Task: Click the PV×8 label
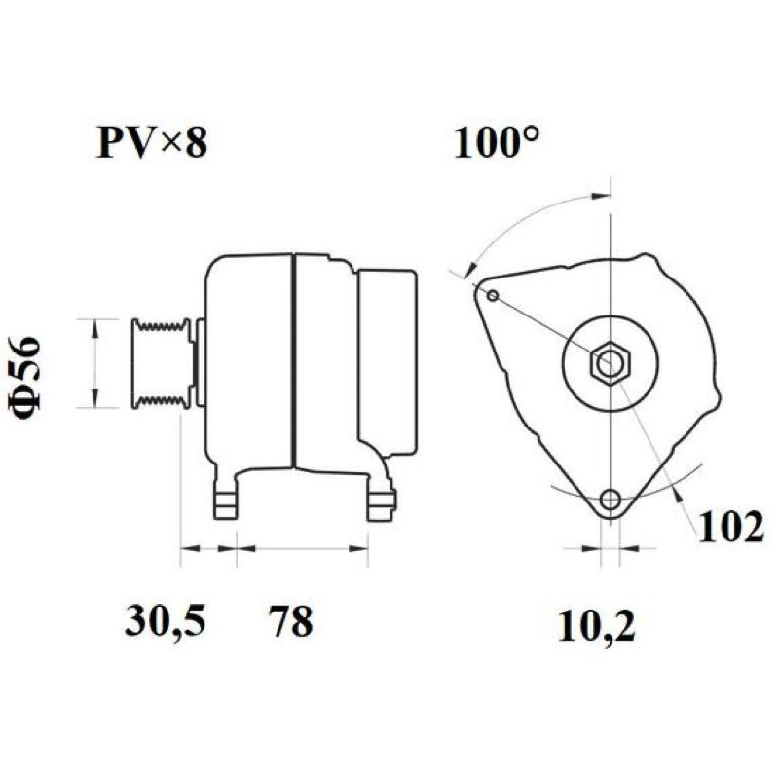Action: point(152,142)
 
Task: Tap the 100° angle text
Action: point(496,142)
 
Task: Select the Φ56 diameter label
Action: point(24,379)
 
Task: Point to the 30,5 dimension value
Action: point(165,620)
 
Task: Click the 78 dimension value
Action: point(291,620)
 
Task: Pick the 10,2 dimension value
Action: point(597,626)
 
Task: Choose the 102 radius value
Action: point(731,527)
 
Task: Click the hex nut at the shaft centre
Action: point(611,362)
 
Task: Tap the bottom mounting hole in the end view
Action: point(611,499)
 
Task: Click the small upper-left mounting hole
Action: point(493,296)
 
